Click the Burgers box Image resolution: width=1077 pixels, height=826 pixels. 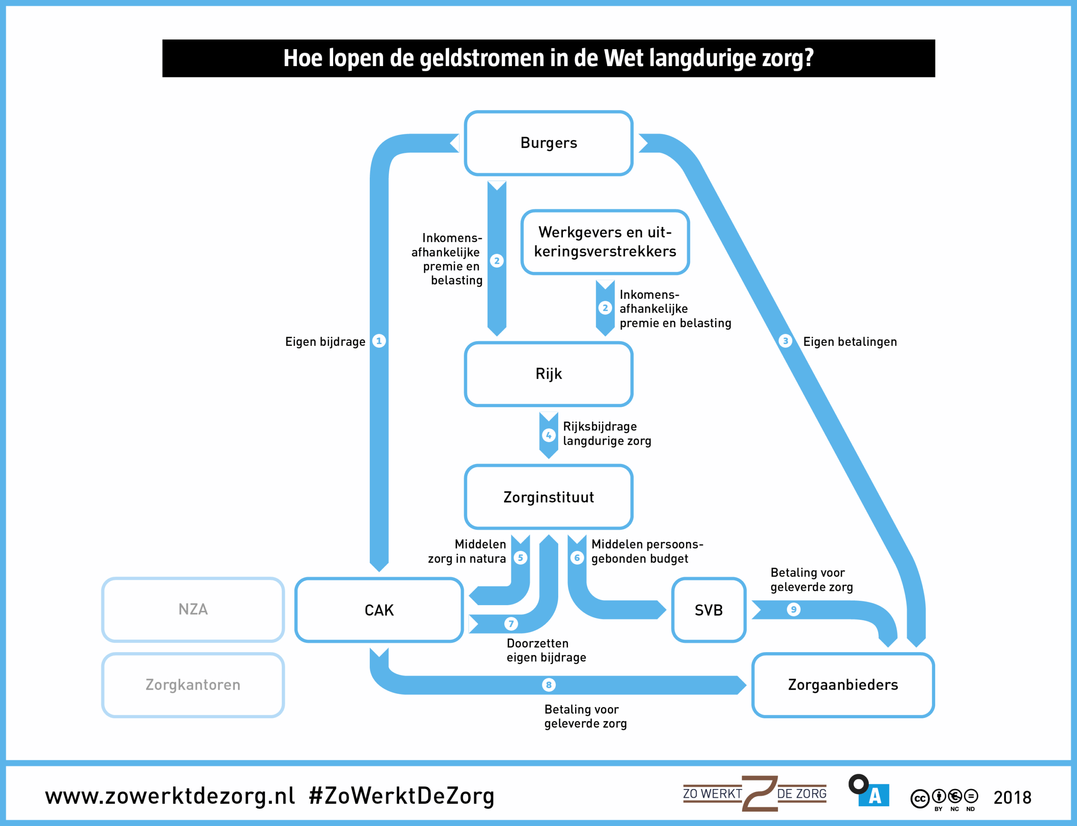[x=549, y=143]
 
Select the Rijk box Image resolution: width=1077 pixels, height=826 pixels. [x=549, y=374]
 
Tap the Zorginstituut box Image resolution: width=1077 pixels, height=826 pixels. [x=549, y=497]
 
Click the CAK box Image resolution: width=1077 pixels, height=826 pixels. [x=379, y=610]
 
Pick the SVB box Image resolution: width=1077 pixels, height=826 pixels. [x=709, y=610]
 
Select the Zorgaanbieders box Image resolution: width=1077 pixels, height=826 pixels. [x=843, y=685]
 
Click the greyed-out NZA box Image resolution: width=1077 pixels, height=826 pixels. [x=193, y=610]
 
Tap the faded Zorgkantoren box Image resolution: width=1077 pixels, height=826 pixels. [x=193, y=685]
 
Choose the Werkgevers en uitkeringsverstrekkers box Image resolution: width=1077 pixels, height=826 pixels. [x=605, y=242]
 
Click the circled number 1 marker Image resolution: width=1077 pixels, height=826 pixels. [x=379, y=341]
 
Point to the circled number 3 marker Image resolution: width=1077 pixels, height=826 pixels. [x=785, y=341]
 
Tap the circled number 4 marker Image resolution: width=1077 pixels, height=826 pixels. [x=549, y=435]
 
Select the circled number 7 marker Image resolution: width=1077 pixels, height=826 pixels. [x=511, y=624]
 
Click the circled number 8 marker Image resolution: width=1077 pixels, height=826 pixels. [x=549, y=685]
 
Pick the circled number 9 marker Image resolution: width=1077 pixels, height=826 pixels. [x=793, y=610]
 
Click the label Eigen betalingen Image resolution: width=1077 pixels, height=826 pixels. [x=850, y=342]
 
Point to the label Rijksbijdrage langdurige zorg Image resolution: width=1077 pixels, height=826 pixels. [x=607, y=434]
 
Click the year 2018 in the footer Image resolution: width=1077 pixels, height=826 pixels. [x=1013, y=797]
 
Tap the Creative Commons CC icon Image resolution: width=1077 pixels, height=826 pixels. [x=920, y=799]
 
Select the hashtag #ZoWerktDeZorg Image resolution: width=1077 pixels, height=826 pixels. [x=402, y=796]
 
